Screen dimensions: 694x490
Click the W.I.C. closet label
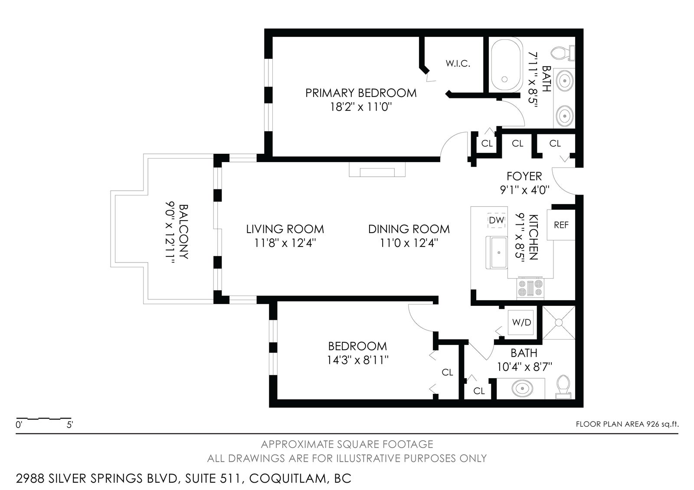click(458, 63)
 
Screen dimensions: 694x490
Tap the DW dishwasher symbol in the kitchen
click(496, 220)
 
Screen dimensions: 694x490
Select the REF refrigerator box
click(561, 225)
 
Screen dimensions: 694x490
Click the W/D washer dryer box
click(522, 322)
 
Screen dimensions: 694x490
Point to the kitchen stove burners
click(530, 288)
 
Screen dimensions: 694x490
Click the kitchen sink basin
click(497, 253)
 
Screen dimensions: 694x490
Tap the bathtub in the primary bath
click(506, 65)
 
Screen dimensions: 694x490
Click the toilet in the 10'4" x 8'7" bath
click(563, 387)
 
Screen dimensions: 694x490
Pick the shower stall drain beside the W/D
click(559, 323)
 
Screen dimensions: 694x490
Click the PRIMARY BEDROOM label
click(361, 93)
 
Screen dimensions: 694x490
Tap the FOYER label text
click(524, 176)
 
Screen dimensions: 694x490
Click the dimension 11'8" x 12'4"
click(285, 243)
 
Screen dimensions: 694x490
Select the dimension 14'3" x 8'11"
click(358, 360)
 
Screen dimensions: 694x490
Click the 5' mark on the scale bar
click(70, 425)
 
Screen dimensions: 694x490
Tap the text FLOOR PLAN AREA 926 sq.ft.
click(627, 424)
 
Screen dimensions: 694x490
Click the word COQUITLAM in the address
click(288, 479)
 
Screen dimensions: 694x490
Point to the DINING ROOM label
click(409, 229)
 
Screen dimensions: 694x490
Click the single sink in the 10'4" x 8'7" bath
click(522, 388)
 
